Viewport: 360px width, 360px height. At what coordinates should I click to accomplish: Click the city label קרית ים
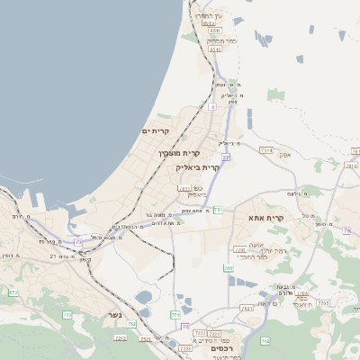[156, 131]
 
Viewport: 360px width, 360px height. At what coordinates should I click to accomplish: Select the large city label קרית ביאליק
[199, 167]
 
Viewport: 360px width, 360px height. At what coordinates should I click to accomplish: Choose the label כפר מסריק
[220, 40]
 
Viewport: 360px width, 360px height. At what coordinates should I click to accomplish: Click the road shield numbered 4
[212, 107]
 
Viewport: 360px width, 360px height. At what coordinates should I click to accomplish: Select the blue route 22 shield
[226, 157]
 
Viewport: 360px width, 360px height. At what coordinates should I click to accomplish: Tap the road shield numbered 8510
[215, 30]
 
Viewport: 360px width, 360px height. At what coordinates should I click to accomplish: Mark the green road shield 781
[217, 210]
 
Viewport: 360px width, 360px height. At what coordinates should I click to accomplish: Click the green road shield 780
[229, 268]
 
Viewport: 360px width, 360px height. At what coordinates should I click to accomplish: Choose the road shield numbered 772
[175, 315]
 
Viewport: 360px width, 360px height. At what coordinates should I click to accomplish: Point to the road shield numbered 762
[265, 341]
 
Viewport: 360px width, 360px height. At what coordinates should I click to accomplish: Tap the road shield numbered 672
[13, 292]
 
